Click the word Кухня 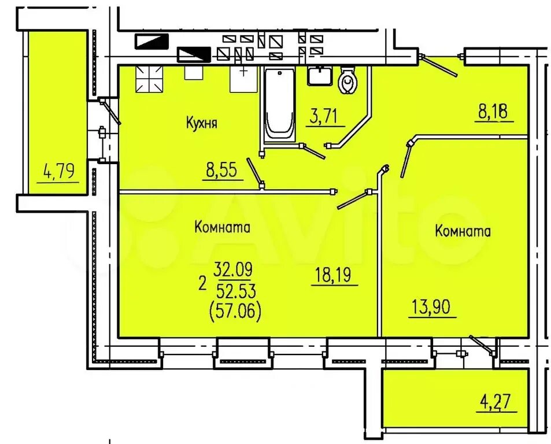[x=201, y=123]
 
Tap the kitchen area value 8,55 [x=223, y=170]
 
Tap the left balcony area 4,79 [x=58, y=172]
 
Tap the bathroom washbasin [x=320, y=76]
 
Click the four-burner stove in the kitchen [x=149, y=79]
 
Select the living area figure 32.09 [x=233, y=270]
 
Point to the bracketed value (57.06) [x=235, y=312]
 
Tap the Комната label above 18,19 [x=222, y=227]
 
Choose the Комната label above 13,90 [x=463, y=231]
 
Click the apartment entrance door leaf [x=439, y=66]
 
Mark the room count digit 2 [x=202, y=284]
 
